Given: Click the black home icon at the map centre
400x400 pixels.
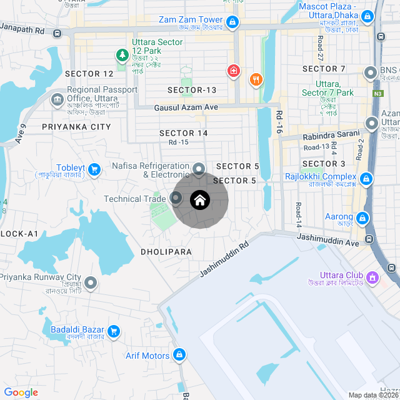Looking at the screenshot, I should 200,201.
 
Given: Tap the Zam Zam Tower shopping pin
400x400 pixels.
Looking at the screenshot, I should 232,23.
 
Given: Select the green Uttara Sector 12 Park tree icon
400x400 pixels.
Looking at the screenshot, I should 122,56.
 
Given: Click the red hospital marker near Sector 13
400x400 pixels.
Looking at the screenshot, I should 234,71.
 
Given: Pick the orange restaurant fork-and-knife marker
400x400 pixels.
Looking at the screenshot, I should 256,79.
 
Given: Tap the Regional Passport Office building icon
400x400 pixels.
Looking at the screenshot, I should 57,99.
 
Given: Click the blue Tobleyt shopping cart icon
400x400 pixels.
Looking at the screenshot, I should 95,169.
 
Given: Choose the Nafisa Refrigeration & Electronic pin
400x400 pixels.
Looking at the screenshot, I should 199,169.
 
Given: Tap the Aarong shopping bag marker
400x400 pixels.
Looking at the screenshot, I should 362,218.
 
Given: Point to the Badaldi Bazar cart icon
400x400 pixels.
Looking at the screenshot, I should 114,331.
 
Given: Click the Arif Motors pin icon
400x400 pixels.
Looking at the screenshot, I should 179,355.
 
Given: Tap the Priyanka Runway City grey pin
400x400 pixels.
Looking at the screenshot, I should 91,284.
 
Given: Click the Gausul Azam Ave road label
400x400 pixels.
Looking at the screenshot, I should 186,107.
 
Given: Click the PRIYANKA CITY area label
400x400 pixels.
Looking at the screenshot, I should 76,127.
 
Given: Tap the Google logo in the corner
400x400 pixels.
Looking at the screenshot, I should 21,392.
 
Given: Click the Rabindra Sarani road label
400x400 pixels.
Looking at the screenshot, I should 331,135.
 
